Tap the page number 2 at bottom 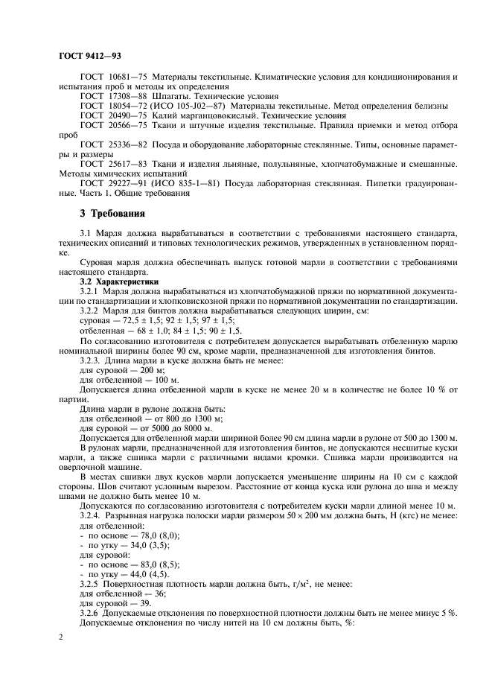coord(60,637)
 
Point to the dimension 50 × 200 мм coord(304,516)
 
